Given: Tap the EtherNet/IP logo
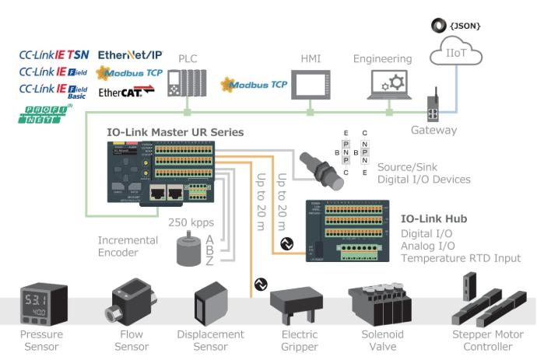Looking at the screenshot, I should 130,54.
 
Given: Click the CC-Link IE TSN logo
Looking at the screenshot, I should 54,54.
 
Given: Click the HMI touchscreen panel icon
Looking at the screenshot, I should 311,87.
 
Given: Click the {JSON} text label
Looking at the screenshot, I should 465,26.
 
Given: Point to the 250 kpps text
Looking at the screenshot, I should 192,222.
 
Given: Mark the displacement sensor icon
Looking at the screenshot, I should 211,303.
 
